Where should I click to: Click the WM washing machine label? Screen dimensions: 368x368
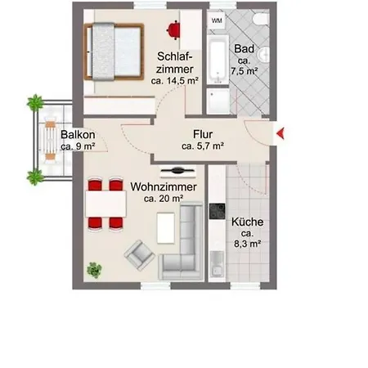217,20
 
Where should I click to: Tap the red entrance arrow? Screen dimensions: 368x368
280,133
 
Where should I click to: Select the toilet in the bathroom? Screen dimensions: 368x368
261,20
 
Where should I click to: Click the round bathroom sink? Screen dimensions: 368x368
264,54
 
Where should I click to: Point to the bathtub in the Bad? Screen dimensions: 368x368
218,60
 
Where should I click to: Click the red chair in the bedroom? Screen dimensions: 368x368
173,29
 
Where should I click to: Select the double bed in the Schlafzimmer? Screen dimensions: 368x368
114,52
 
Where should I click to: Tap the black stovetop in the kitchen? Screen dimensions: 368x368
218,211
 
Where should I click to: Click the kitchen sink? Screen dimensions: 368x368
218,264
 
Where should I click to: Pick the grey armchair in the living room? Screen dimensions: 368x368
140,255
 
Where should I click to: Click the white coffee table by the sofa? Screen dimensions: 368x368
166,228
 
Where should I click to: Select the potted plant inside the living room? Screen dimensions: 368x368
94,270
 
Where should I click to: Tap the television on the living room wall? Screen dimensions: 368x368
178,171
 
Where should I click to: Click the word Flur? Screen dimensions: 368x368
203,134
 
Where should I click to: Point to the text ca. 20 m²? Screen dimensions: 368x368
164,199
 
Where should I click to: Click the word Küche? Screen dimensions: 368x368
248,222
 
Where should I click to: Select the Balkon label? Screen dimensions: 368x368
78,135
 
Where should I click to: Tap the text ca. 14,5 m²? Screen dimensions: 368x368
175,81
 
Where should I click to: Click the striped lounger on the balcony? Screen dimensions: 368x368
51,141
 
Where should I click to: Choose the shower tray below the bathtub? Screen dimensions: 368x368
218,101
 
